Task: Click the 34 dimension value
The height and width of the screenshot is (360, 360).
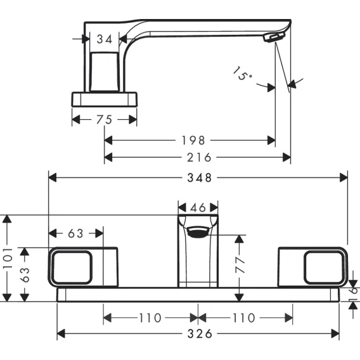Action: [105, 39]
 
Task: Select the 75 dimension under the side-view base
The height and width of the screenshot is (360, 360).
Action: [104, 120]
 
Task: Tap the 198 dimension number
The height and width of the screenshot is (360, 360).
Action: [193, 140]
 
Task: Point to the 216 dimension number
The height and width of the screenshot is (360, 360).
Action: [199, 157]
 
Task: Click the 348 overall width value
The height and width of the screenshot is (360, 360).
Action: [200, 177]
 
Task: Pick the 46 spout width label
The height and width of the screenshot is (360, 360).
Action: [198, 208]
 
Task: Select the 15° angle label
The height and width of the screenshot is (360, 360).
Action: [242, 74]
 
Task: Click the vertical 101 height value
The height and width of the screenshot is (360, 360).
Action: [8, 259]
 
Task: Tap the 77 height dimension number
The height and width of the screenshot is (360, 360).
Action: [240, 265]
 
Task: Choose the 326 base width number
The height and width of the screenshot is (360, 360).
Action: [200, 333]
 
